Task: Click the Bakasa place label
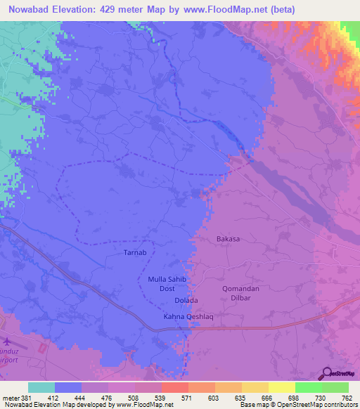[228, 239]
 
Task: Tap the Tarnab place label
[134, 252]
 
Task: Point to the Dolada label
[186, 301]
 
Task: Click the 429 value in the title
[117, 9]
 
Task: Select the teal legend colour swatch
[41, 387]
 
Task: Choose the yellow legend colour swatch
[281, 387]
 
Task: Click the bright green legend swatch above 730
[308, 387]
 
